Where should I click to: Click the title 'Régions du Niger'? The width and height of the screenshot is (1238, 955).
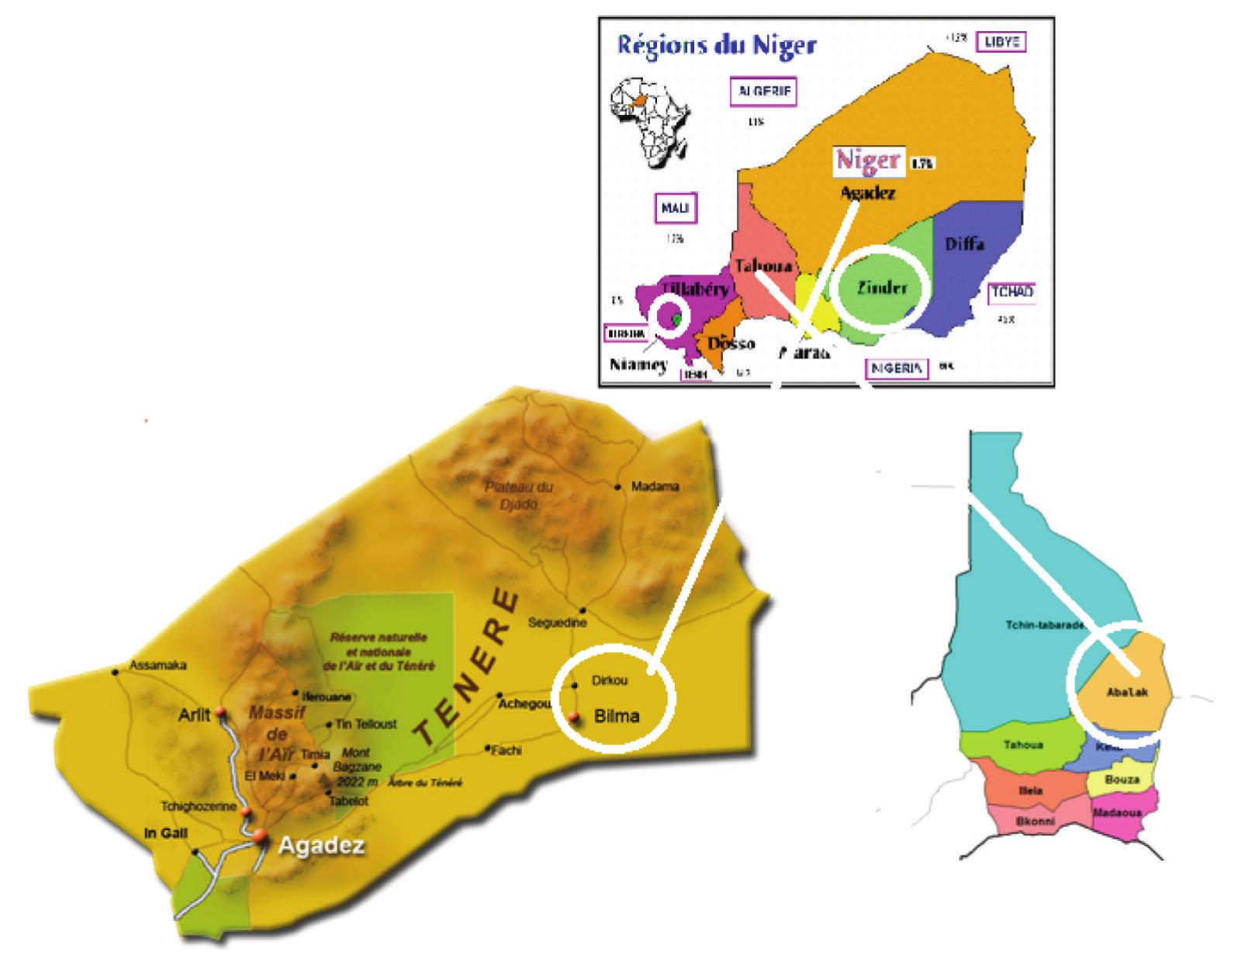[716, 45]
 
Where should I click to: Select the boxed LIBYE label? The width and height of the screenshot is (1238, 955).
[1001, 42]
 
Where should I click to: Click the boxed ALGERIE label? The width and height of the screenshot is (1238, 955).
[765, 92]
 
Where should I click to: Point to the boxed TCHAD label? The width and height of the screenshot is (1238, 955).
[1011, 292]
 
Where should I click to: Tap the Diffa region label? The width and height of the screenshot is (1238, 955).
[964, 244]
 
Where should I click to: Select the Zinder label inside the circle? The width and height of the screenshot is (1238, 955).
[882, 288]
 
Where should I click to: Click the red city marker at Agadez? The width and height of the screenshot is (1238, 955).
[259, 836]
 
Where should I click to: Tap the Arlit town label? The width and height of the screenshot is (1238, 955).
[194, 715]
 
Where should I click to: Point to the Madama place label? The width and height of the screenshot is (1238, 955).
[655, 487]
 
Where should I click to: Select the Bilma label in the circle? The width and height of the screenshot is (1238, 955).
[617, 715]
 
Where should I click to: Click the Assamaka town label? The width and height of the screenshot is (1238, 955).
[157, 666]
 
